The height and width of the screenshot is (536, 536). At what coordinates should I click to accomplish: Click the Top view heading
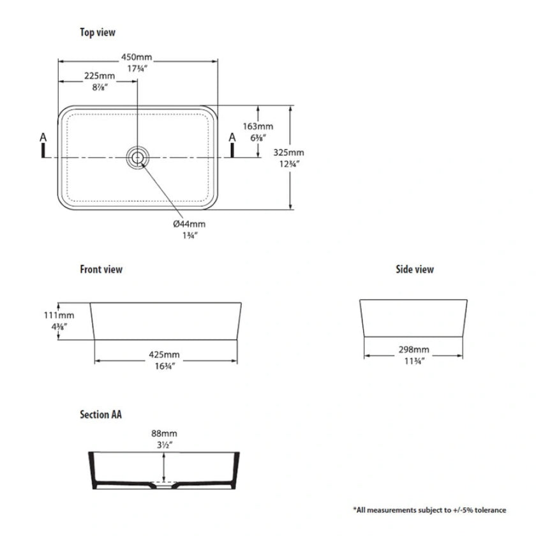point(98,32)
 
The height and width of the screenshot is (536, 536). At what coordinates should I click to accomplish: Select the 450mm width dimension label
point(137,57)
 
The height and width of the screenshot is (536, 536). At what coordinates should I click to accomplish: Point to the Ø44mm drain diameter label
point(190,224)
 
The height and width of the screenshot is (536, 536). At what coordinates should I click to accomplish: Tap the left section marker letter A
point(43,137)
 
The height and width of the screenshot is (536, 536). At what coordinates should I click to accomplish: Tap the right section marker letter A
point(232,137)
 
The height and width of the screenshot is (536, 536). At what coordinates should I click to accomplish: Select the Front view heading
point(101,269)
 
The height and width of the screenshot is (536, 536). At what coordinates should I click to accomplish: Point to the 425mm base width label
point(164,354)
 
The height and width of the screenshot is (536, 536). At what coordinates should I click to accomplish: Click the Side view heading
point(415,269)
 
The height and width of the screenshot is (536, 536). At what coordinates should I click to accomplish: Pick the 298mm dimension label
point(413,350)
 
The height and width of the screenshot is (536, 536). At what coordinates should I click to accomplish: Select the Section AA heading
point(101,414)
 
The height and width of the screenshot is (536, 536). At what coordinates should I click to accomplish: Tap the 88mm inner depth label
point(164,432)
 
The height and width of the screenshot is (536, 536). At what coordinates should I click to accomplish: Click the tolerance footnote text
point(429,510)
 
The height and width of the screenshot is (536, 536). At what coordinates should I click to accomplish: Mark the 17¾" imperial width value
point(137,68)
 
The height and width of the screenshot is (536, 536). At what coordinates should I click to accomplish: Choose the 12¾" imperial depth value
point(289,163)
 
